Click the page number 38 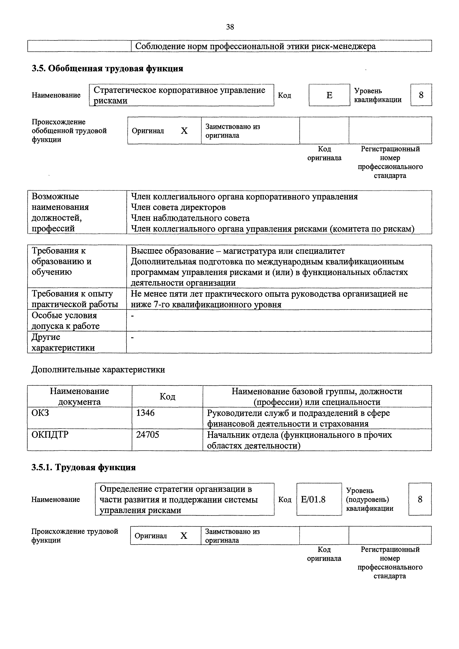click(x=230, y=27)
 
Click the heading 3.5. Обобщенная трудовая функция click(x=107, y=69)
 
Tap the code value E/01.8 click(x=313, y=500)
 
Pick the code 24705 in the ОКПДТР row click(x=147, y=434)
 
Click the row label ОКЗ click(x=40, y=413)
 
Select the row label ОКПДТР click(x=50, y=434)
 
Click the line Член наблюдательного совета click(x=190, y=218)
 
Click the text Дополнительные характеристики click(x=98, y=369)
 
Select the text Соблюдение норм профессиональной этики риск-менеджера click(x=255, y=46)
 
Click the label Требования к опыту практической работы click(x=75, y=299)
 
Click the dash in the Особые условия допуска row click(x=132, y=315)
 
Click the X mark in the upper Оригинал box click(x=184, y=131)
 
